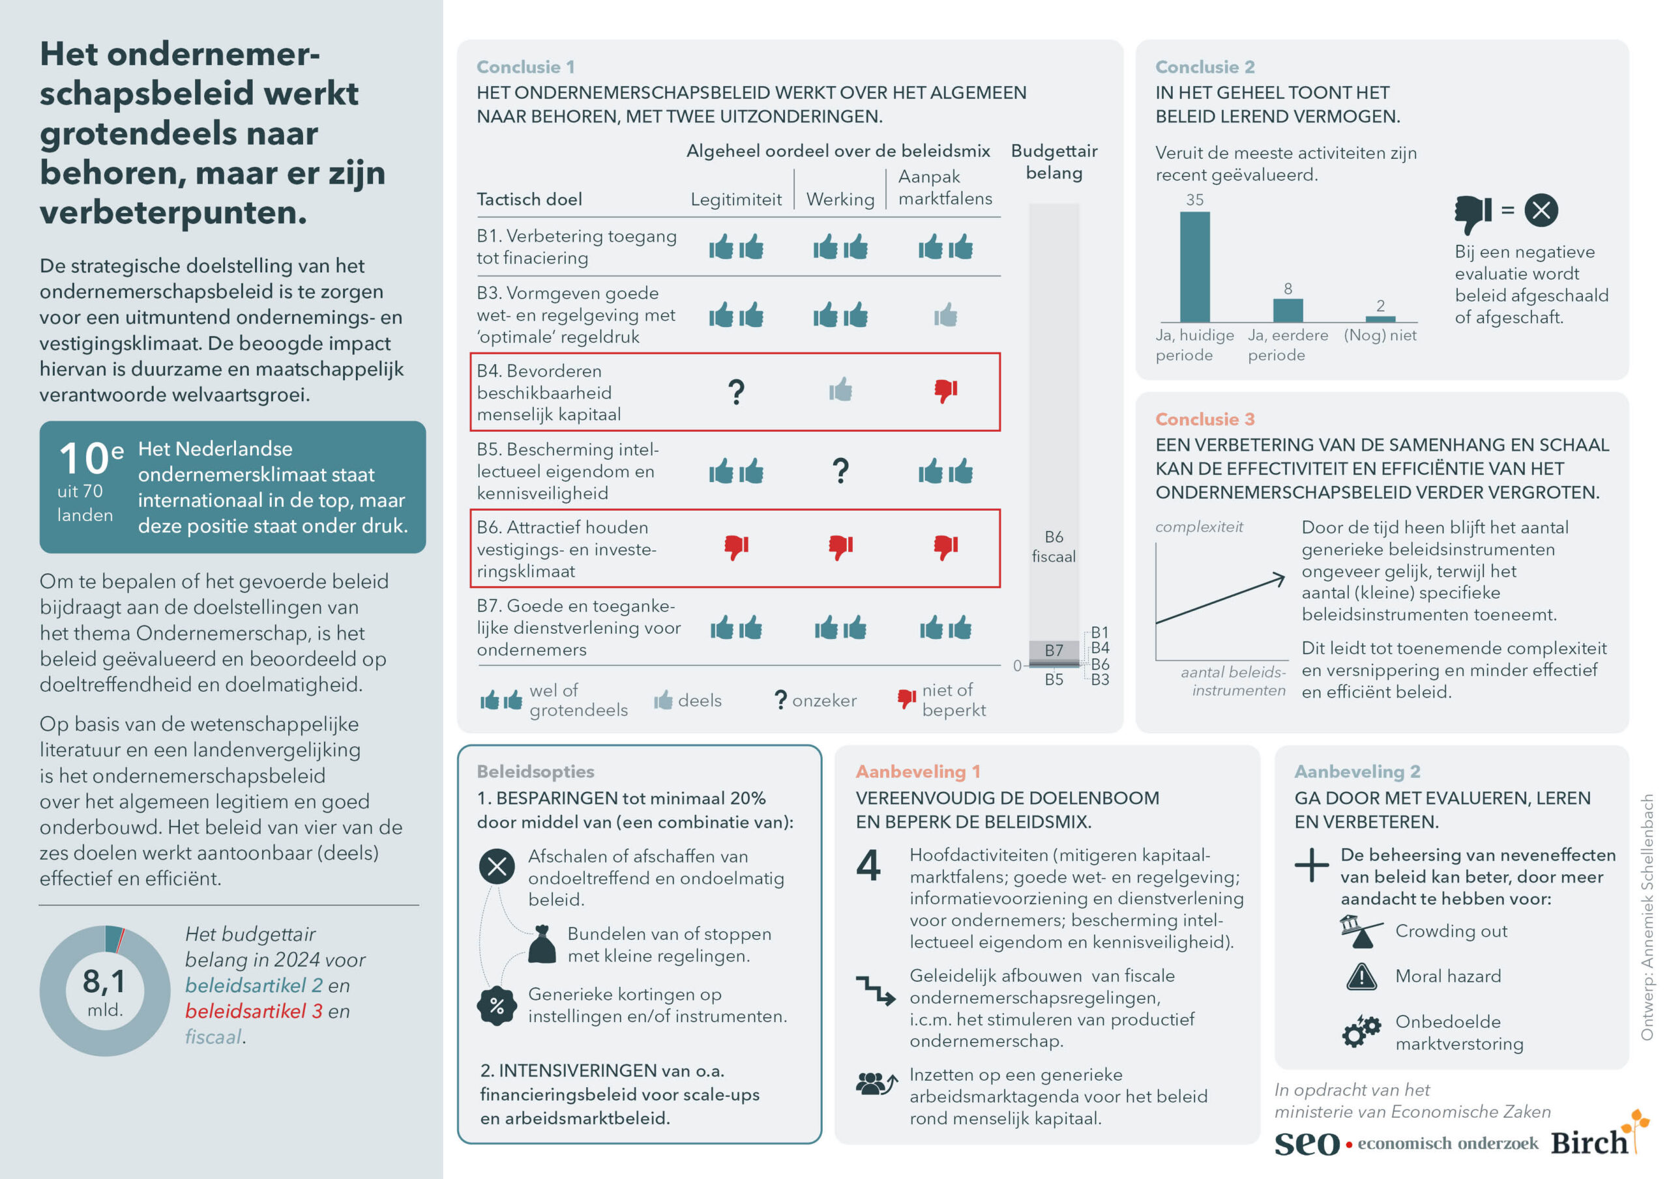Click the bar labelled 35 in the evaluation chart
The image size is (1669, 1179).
pos(1194,266)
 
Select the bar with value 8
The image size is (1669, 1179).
pos(1288,310)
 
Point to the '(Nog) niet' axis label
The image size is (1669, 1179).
pos(1380,335)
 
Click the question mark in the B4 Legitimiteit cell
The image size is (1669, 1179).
pos(735,392)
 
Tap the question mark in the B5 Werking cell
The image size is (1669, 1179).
pos(840,472)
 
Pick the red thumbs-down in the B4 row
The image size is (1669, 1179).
pos(945,391)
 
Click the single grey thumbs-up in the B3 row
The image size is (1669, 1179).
pos(945,316)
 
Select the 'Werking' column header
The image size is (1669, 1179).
pos(840,200)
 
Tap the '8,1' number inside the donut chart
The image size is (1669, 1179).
pos(104,982)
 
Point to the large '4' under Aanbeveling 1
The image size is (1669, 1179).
pos(868,865)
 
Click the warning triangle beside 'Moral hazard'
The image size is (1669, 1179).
pos(1361,977)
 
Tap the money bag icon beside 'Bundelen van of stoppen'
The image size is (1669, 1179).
pos(542,945)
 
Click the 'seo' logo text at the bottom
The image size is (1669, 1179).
pos(1307,1142)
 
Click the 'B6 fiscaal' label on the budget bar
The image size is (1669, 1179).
pos(1054,547)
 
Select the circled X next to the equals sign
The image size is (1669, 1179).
pos(1541,210)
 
